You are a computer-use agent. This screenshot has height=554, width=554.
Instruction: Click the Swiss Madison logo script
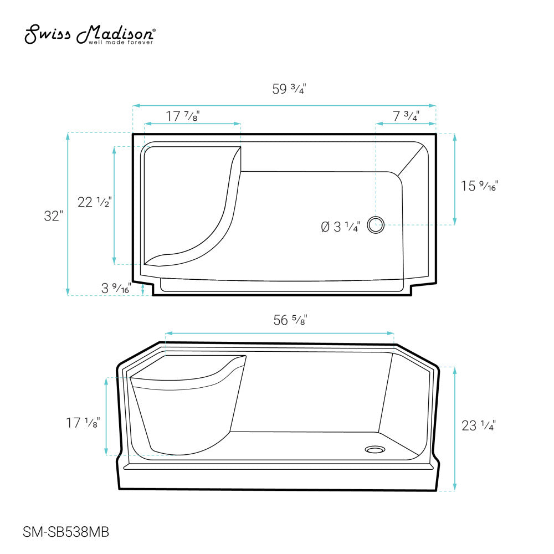[x=90, y=34]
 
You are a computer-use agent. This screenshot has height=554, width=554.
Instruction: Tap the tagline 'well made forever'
[x=120, y=43]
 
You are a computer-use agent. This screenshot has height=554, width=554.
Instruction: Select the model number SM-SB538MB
[x=66, y=532]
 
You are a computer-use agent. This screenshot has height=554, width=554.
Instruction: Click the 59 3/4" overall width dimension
[x=289, y=89]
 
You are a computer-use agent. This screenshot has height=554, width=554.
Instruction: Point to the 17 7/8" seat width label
[x=183, y=116]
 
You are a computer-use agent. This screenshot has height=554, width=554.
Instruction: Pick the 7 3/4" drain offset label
[x=406, y=116]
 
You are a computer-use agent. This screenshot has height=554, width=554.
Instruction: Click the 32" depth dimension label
[x=53, y=216]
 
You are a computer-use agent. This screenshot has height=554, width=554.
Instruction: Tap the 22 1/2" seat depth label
[x=95, y=202]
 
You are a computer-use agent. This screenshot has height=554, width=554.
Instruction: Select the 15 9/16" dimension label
[x=479, y=186]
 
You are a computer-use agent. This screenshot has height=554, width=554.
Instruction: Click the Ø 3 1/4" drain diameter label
[x=341, y=227]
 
